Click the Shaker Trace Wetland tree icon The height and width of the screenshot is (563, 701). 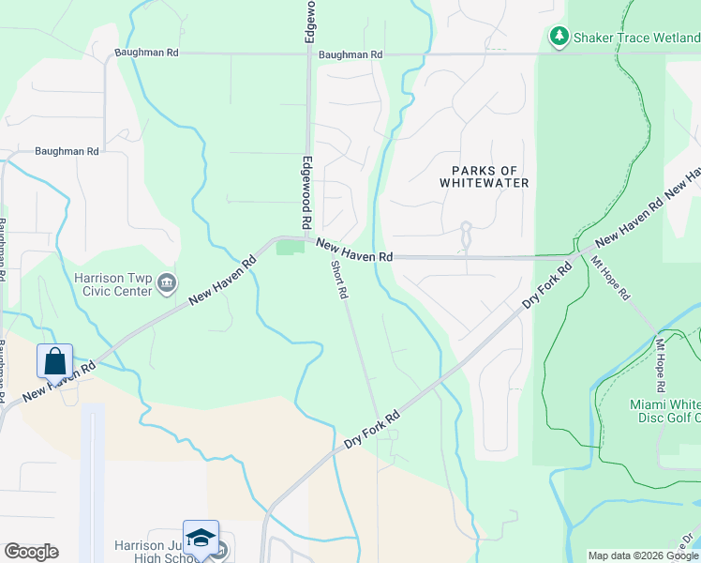click(559, 36)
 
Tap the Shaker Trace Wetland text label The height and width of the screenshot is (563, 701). click(637, 37)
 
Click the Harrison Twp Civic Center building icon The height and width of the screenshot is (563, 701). click(168, 283)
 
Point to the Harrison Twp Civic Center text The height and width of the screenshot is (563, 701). click(113, 284)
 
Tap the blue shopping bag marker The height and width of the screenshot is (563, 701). click(55, 361)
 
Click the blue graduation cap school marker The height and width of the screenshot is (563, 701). click(201, 538)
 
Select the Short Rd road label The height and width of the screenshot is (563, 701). click(339, 279)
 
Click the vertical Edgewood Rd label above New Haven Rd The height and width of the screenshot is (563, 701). click(306, 193)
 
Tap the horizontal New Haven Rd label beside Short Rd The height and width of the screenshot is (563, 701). click(353, 251)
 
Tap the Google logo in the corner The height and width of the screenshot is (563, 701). click(31, 552)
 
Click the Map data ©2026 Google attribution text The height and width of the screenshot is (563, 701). click(643, 555)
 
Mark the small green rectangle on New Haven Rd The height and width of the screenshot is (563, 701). click(291, 247)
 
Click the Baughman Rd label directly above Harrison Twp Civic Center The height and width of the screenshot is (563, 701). click(67, 151)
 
